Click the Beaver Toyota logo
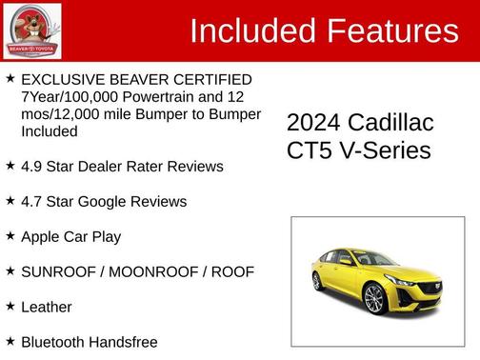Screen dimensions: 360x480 [x=31, y=30]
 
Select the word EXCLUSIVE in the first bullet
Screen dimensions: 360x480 [x=64, y=79]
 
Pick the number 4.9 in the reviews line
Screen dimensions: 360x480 [x=33, y=167]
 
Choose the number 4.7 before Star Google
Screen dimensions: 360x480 [x=33, y=202]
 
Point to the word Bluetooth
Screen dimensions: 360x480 [x=53, y=342]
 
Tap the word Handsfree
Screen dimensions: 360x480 [x=124, y=342]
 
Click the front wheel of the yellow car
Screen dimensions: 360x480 [x=373, y=299]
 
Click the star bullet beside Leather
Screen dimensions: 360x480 [x=10, y=307]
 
